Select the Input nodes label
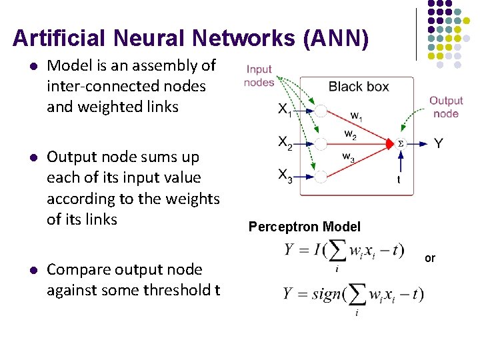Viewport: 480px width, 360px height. (x=259, y=75)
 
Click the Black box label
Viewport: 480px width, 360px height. (x=359, y=87)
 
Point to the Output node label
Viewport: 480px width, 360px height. (x=445, y=107)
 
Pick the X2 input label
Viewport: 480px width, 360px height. (x=285, y=142)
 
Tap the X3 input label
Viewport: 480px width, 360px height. (x=285, y=175)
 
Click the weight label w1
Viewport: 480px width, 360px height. (x=357, y=115)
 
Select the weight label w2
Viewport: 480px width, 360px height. (x=350, y=134)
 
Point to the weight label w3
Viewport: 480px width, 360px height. (x=348, y=157)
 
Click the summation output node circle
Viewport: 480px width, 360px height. (x=401, y=143)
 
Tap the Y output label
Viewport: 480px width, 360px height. (x=439, y=143)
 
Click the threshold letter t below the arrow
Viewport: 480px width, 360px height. (x=399, y=179)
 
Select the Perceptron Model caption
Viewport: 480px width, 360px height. (x=304, y=227)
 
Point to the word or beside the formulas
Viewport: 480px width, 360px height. (x=430, y=257)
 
